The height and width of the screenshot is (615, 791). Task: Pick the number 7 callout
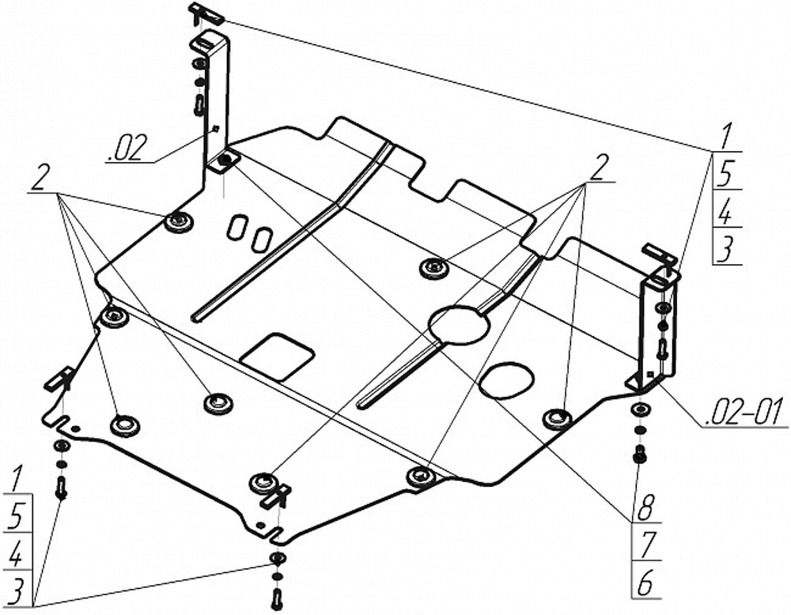(x=647, y=545)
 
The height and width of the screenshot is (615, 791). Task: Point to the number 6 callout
(x=645, y=583)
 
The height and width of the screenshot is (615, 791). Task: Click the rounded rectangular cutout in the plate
(x=278, y=356)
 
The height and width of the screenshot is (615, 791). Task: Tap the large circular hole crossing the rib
(x=459, y=326)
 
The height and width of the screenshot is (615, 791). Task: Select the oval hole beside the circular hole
(x=506, y=379)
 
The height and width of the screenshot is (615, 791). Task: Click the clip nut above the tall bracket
(x=206, y=13)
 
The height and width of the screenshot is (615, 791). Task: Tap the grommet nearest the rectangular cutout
(x=218, y=402)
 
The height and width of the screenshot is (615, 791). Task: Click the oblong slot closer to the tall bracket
(x=236, y=227)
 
